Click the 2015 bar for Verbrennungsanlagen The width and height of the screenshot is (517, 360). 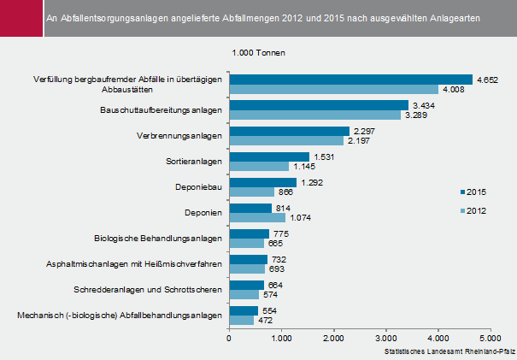pos(289,131)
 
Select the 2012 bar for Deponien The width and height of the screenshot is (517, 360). pos(256,217)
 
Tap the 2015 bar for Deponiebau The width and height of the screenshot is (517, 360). pos(262,182)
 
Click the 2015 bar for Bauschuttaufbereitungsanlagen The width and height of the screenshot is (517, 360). pos(319,105)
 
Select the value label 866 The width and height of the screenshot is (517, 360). pos(287,192)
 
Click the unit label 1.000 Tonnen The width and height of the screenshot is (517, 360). pos(259,53)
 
